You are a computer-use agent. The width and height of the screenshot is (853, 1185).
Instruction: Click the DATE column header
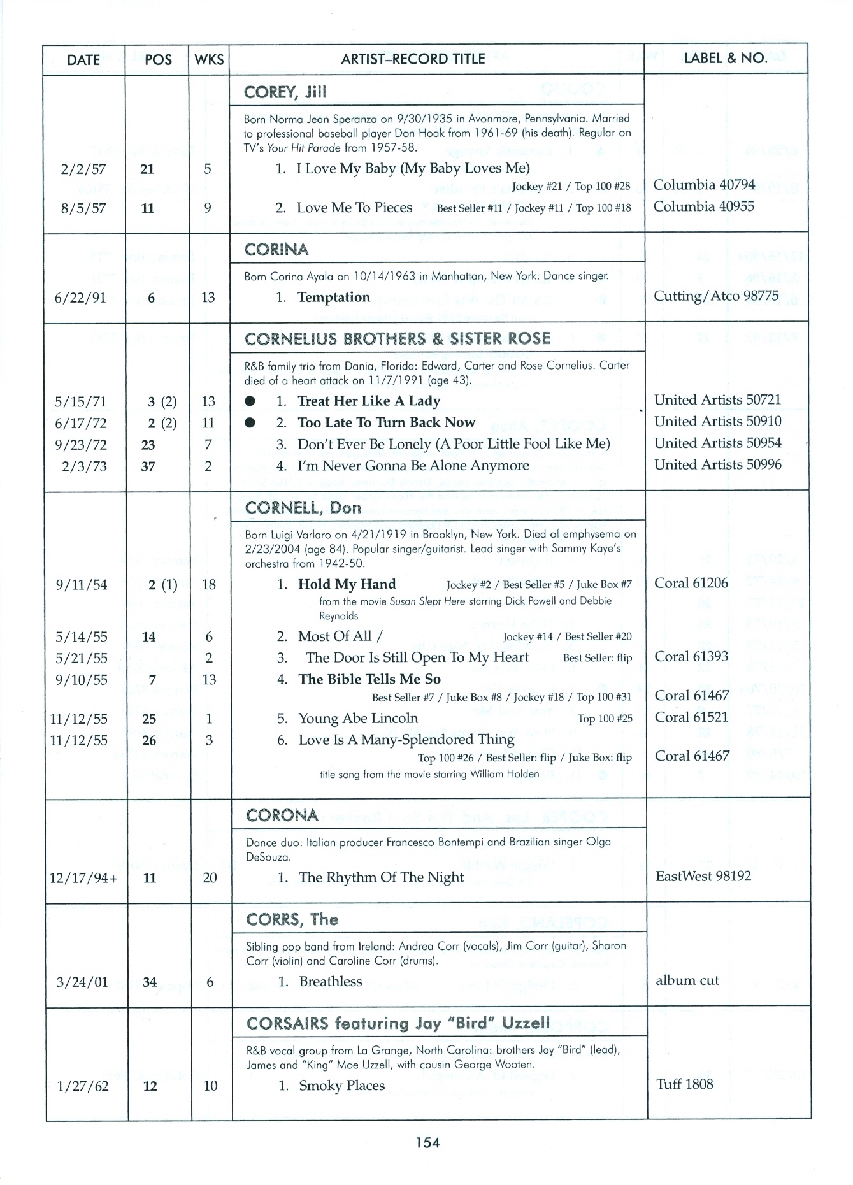point(83,60)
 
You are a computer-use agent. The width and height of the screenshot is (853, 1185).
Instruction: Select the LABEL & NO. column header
point(725,58)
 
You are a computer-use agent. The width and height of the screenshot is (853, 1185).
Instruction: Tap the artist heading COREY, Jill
point(285,92)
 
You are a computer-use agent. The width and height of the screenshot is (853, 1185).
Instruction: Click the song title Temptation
point(333,298)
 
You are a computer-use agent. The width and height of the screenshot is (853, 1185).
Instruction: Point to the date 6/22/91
point(80,298)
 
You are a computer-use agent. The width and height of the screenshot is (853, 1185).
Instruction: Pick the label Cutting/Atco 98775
point(716,296)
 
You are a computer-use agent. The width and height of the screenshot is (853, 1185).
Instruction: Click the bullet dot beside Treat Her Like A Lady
point(250,401)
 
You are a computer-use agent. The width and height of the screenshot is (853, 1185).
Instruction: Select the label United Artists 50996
point(717,464)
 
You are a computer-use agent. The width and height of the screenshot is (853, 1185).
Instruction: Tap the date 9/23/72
point(81,445)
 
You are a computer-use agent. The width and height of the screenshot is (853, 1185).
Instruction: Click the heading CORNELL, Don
point(303,508)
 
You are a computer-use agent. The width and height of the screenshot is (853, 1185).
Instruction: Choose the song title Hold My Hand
point(347,584)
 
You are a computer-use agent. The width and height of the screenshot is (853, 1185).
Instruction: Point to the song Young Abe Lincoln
point(358,719)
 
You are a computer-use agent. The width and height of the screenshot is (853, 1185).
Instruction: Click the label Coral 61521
point(691,717)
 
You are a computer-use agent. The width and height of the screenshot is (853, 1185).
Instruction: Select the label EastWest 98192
point(703,876)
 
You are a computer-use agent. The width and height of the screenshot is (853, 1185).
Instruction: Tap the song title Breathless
point(330,982)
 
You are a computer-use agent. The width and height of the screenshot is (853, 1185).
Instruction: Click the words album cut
point(687,980)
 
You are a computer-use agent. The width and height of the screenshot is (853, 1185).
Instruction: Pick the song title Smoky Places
point(341,1086)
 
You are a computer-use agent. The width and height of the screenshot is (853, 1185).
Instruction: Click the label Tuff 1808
point(684,1084)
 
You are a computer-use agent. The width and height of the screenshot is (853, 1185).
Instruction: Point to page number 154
point(427,1143)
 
